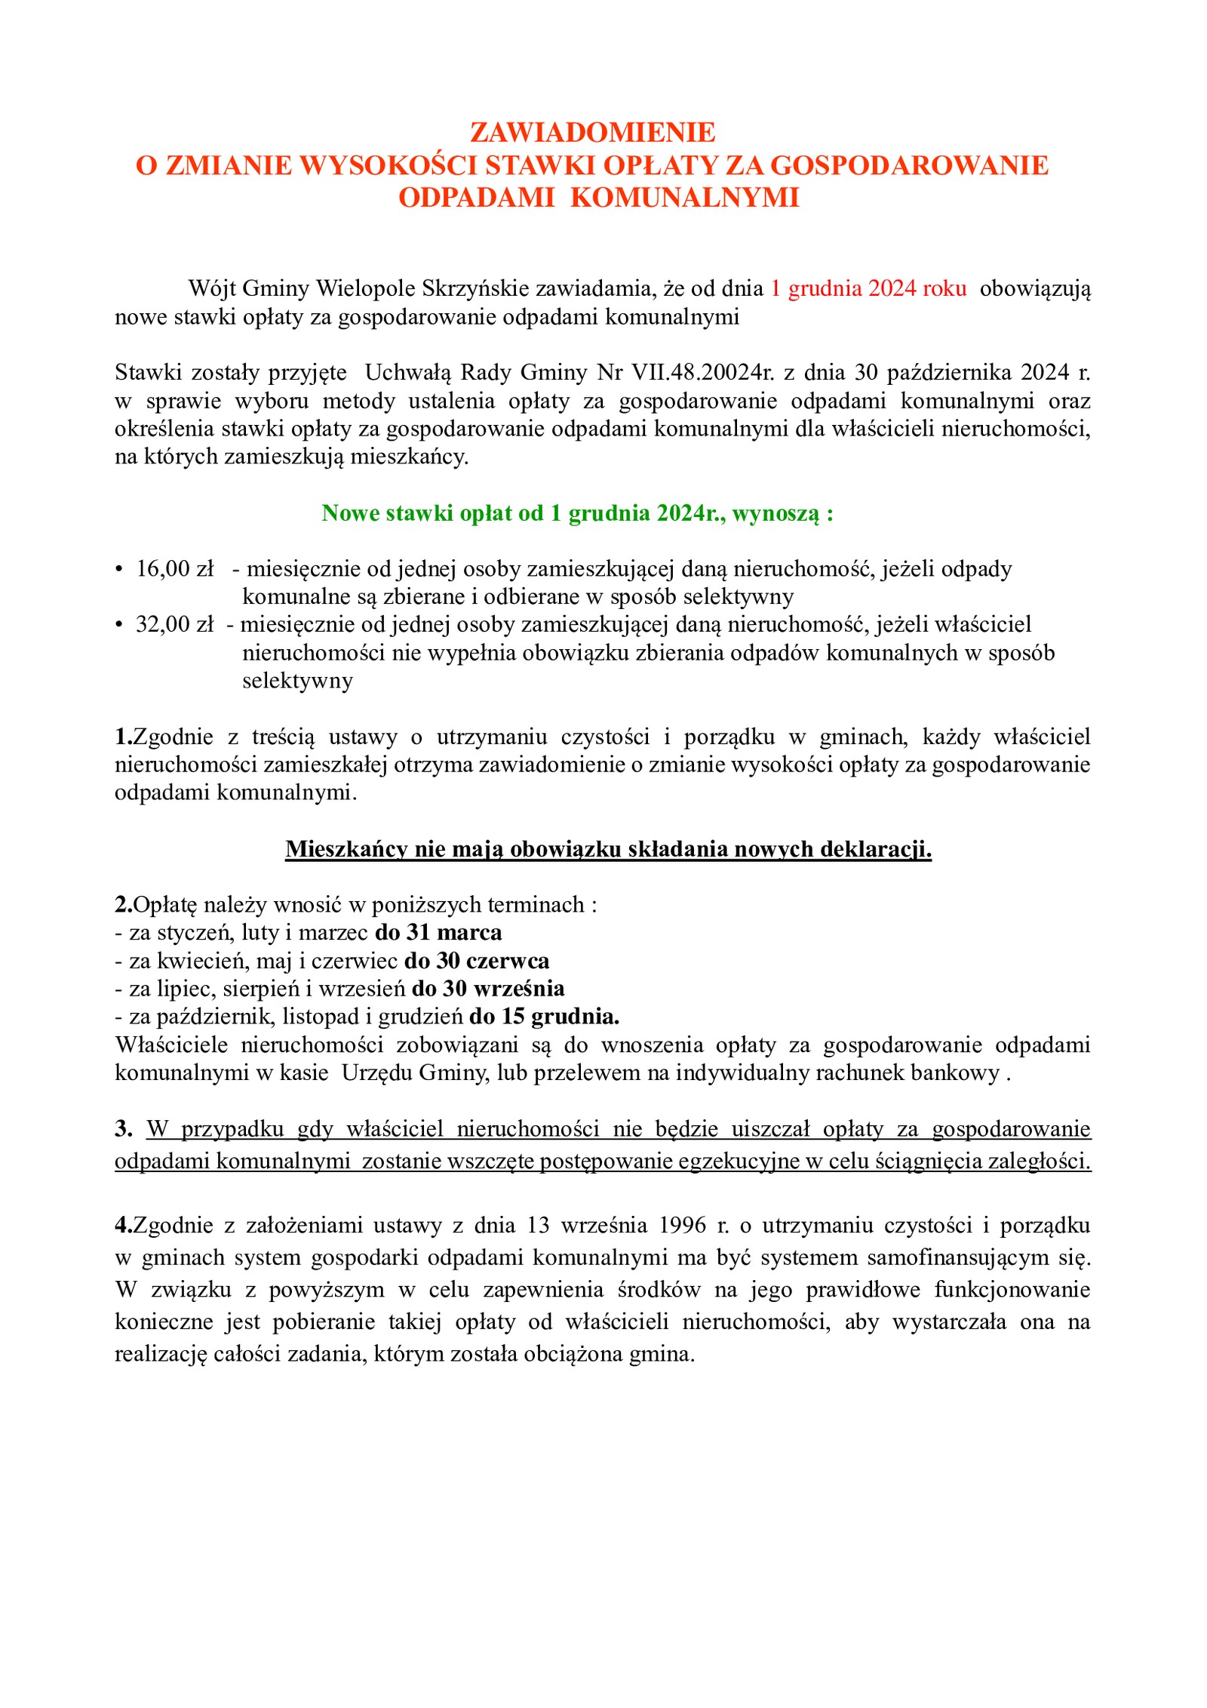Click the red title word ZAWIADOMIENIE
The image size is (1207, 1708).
(x=592, y=133)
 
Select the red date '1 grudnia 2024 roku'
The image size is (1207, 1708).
(x=868, y=288)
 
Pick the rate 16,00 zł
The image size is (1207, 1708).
(x=175, y=569)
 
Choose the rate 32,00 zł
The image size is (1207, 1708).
(x=175, y=625)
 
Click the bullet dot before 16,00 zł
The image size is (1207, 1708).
(x=118, y=570)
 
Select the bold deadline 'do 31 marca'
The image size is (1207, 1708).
(x=438, y=933)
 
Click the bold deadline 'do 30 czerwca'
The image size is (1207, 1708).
(x=477, y=961)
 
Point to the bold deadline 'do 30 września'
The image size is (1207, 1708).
(x=488, y=989)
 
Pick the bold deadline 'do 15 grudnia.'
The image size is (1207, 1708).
(x=544, y=1017)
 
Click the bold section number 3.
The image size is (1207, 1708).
(x=123, y=1129)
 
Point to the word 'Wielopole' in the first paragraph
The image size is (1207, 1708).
(x=366, y=288)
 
